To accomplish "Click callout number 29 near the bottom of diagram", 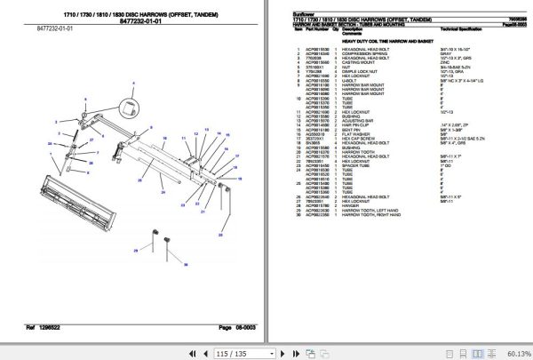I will [x=136, y=252].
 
